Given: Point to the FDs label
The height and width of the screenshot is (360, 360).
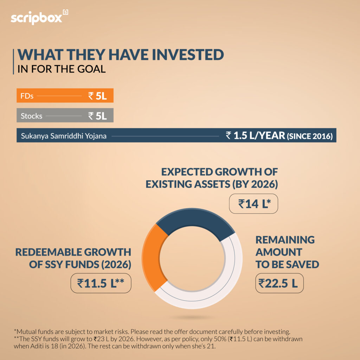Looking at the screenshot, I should pos(27,96).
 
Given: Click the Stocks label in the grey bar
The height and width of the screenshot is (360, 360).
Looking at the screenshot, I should pos(31,116).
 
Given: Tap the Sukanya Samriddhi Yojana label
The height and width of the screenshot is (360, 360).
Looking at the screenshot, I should pos(63,135).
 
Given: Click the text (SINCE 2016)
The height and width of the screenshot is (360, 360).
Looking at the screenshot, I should pos(310,136).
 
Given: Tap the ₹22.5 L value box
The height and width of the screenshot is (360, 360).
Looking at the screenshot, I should pos(279,283).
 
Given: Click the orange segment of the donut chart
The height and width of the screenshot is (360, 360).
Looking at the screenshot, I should pos(151,257).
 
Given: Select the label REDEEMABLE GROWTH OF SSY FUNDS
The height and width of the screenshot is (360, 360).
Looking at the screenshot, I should pos(73,258).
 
